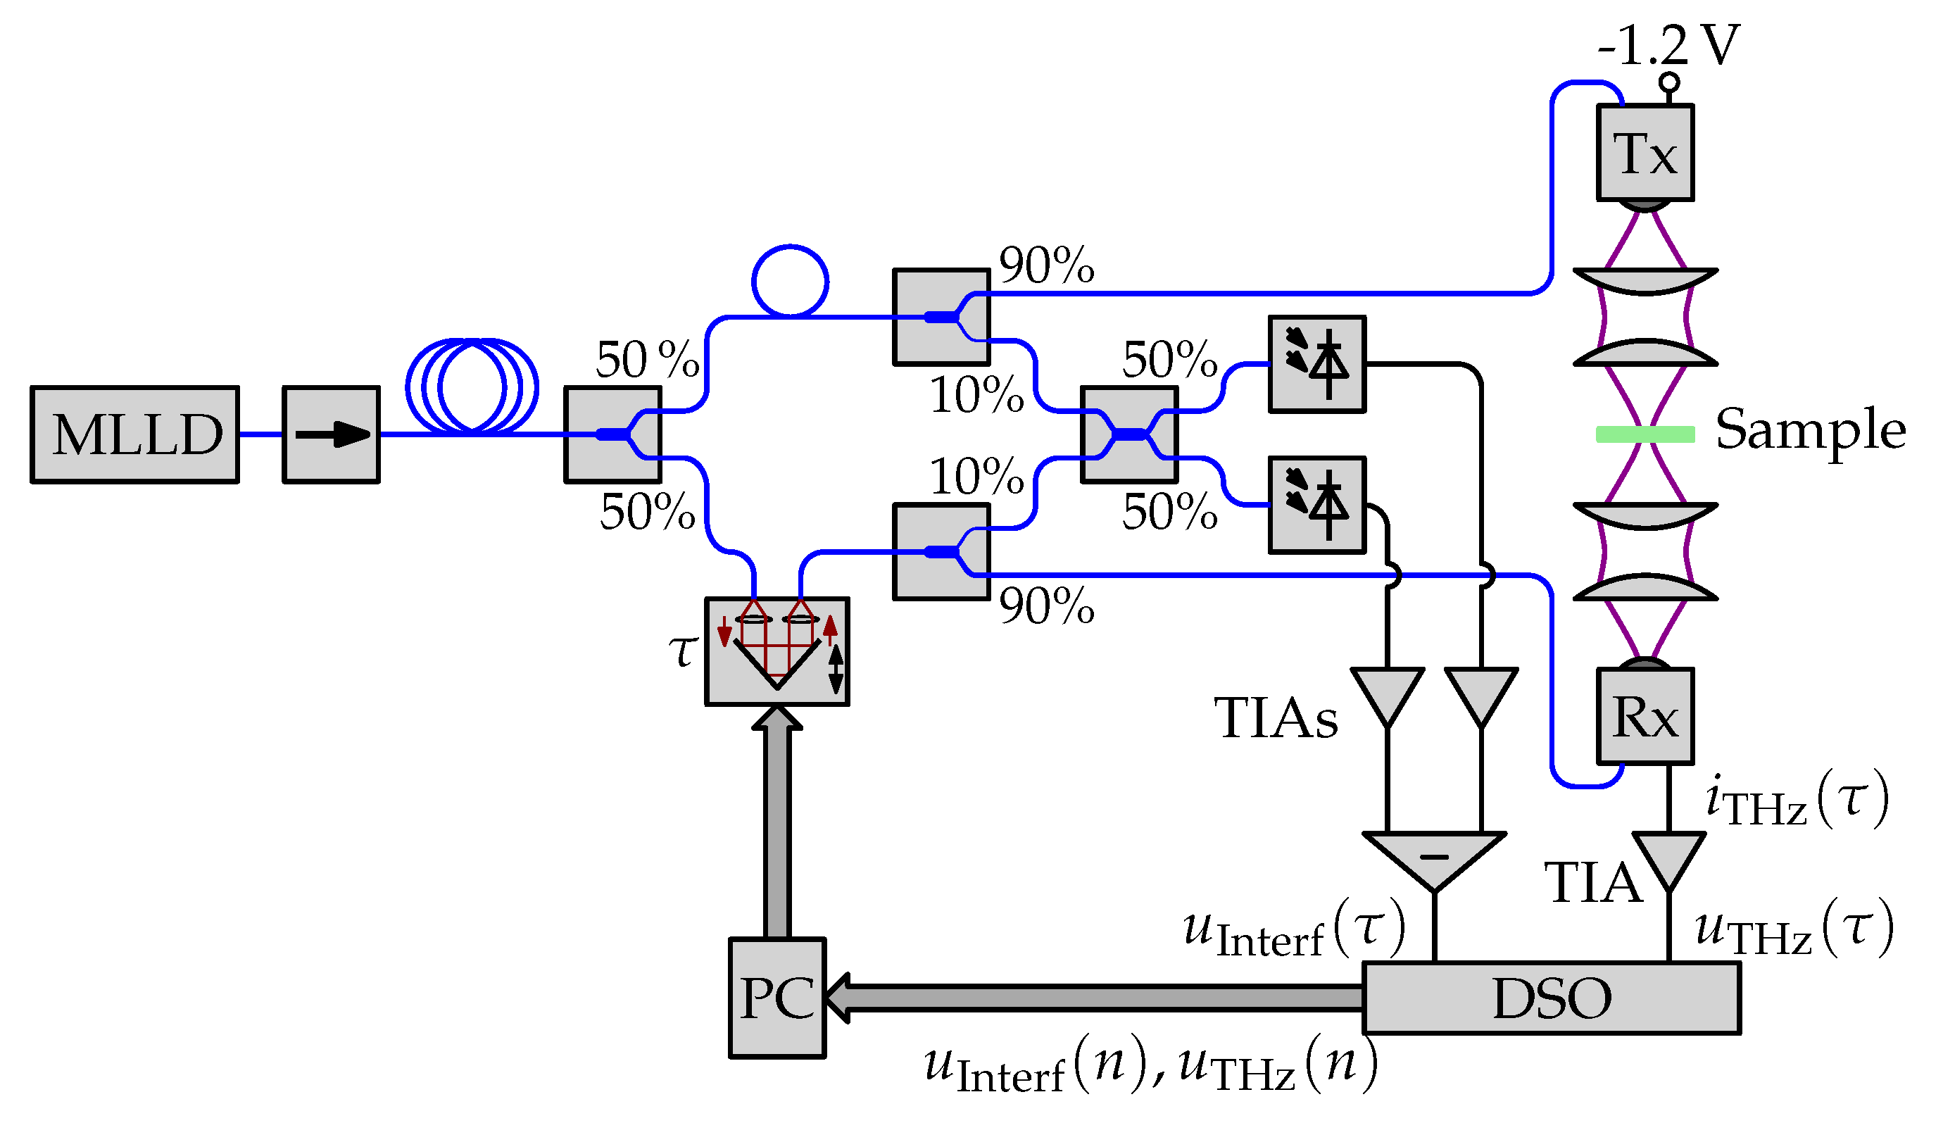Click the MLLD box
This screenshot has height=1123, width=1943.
tap(135, 435)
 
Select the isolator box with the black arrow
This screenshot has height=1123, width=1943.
tap(332, 435)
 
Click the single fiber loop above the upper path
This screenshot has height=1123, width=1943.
tap(791, 282)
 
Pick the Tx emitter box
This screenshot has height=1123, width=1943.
tap(1645, 153)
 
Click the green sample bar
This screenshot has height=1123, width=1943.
tap(1645, 434)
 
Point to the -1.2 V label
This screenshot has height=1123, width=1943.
tap(1668, 45)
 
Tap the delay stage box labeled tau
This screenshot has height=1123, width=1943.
tap(777, 652)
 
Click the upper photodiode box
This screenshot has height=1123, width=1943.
tap(1317, 364)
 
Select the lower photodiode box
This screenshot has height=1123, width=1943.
tap(1317, 506)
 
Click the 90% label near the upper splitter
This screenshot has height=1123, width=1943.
tap(1046, 266)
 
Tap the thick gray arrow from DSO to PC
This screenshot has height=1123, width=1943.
tap(1095, 997)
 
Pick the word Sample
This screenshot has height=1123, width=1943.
tap(1811, 429)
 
